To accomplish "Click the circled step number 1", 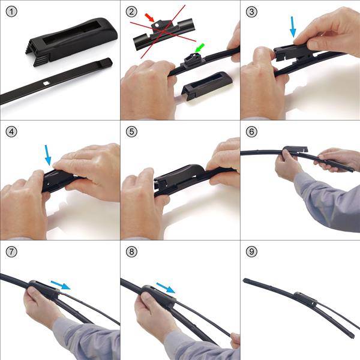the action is click(11, 11).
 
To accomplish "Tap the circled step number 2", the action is click(131, 11).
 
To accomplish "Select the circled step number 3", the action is click(251, 11).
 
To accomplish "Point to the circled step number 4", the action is click(11, 131).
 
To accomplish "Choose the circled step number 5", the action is click(131, 131).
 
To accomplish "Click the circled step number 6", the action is click(251, 131).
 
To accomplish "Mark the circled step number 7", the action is click(11, 251).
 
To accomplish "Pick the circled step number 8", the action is click(131, 251).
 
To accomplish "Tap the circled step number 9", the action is click(251, 251).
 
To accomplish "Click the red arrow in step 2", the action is click(149, 17).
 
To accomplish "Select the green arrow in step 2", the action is click(199, 48).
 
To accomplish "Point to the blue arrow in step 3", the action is click(293, 26).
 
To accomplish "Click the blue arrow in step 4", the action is click(47, 155).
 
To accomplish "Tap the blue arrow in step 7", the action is click(61, 285).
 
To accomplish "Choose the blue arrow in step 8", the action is click(166, 288).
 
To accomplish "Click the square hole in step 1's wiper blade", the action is click(47, 83).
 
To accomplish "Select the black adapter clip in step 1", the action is click(71, 41).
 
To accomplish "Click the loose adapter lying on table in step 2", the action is click(206, 85).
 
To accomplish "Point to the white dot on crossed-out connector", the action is click(157, 25).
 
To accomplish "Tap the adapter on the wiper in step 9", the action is click(305, 298).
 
